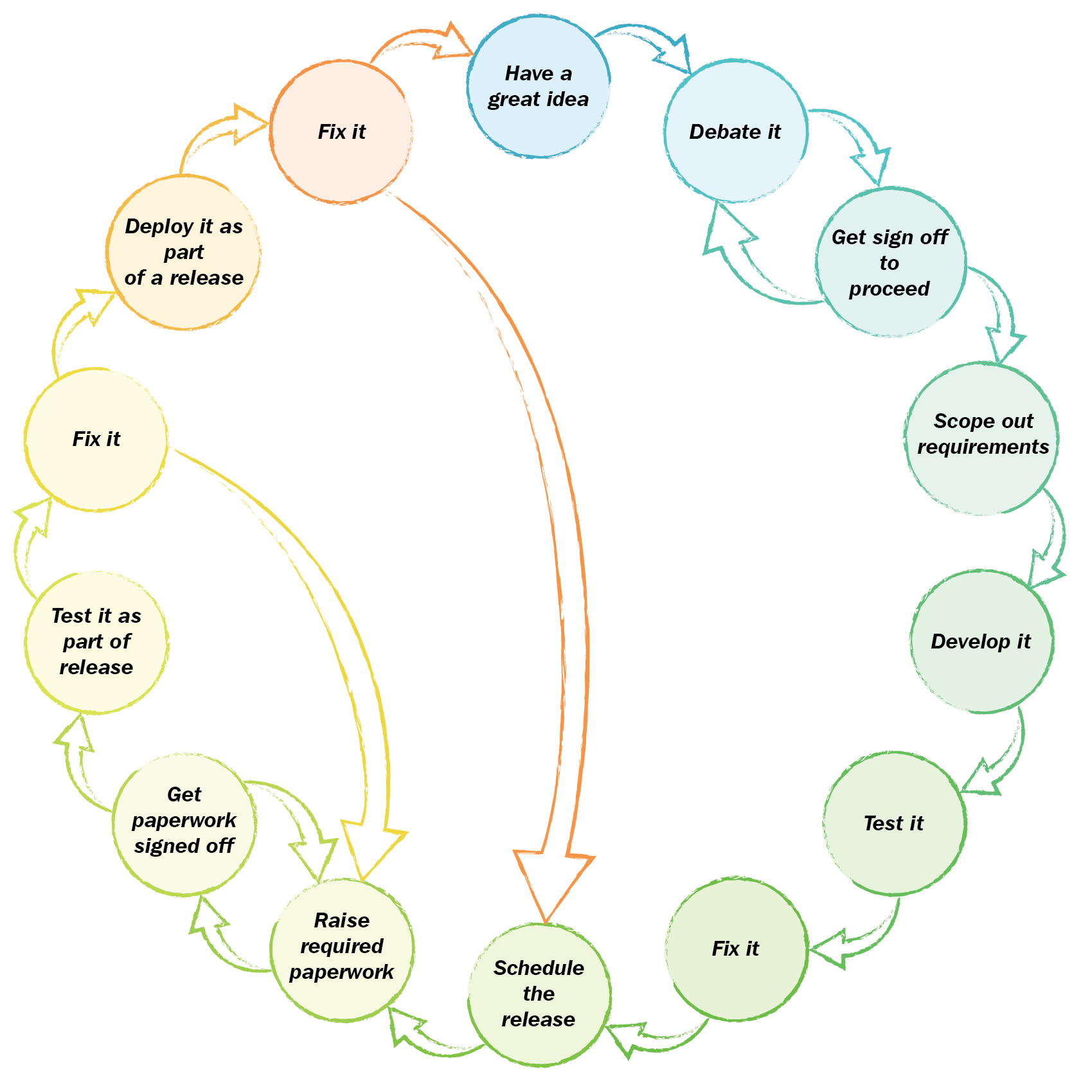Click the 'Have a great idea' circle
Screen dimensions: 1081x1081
[x=539, y=87]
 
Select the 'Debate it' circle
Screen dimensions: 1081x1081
[x=735, y=132]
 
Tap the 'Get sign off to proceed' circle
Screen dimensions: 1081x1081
[x=891, y=262]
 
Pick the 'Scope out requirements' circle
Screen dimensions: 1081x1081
[x=982, y=438]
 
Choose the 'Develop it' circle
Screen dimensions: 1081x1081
[x=982, y=641]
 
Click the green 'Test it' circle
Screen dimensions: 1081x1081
[x=894, y=823]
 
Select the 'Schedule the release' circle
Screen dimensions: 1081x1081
[x=539, y=994]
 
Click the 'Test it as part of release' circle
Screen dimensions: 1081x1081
[x=96, y=642]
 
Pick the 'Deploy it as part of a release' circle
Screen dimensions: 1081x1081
[x=184, y=253]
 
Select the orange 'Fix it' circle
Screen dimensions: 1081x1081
[x=341, y=132]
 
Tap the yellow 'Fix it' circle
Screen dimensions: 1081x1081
[x=96, y=440]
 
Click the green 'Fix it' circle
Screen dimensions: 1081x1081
[x=736, y=949]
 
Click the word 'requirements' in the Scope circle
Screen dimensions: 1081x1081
[x=983, y=447]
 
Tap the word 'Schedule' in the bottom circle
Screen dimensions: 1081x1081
[x=539, y=969]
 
